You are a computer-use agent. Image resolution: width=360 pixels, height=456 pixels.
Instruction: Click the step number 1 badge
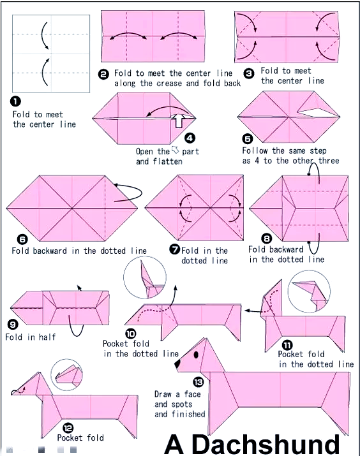click(15, 101)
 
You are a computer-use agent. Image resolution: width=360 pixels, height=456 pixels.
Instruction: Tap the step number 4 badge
click(190, 138)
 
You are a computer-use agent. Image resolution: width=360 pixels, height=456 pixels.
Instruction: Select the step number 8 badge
click(266, 239)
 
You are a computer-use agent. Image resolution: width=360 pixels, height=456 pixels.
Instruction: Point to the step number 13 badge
click(198, 382)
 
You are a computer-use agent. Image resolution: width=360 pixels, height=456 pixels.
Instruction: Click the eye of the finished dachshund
click(196, 355)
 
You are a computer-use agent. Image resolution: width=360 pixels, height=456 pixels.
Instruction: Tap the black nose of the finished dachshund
click(177, 364)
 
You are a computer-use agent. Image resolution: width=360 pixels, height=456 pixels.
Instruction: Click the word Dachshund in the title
click(266, 445)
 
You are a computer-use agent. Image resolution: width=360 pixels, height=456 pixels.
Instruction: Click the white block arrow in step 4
click(178, 121)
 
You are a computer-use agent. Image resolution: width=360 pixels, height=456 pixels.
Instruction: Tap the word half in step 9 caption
click(47, 337)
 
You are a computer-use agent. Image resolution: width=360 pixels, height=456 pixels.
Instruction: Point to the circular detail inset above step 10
click(145, 277)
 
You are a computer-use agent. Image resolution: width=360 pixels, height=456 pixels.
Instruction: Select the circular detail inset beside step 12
click(66, 374)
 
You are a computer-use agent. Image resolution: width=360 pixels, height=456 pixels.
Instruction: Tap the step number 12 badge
click(68, 428)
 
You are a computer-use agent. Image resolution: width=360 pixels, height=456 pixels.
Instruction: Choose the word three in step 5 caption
click(329, 161)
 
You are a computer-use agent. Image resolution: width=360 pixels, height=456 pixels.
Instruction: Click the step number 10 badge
click(131, 334)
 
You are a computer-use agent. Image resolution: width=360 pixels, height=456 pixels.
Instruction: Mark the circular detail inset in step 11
click(309, 291)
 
